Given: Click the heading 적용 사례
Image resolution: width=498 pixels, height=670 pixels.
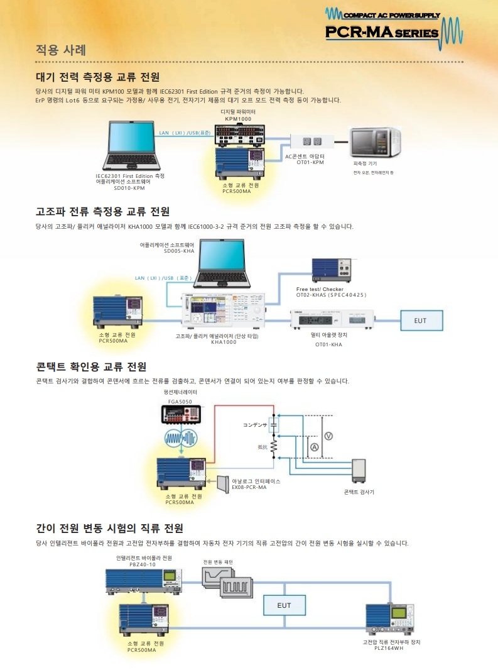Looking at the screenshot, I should (x=60, y=50).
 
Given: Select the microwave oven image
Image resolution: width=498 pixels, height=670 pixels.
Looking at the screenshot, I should (x=374, y=144).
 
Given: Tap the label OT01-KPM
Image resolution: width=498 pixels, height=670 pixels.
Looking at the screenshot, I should (x=310, y=162).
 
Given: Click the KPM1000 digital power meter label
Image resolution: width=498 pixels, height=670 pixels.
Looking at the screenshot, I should (x=238, y=118).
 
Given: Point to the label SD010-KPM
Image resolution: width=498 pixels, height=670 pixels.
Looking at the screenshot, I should (x=129, y=187).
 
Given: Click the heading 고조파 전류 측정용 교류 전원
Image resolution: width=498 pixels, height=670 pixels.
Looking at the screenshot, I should (x=102, y=211).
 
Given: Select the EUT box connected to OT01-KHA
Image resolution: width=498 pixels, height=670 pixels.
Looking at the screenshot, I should (x=420, y=321).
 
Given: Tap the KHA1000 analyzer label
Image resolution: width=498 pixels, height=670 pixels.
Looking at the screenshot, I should (x=224, y=343).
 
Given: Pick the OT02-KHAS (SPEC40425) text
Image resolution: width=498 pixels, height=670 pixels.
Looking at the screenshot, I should (x=331, y=294).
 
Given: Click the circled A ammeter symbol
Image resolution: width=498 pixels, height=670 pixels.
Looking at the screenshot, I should (x=314, y=447).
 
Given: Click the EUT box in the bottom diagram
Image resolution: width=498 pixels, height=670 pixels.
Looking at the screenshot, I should (x=284, y=605).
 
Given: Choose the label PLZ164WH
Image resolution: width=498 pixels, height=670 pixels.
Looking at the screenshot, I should (x=384, y=648).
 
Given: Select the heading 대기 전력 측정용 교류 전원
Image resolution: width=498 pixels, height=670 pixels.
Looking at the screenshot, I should (x=97, y=77).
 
